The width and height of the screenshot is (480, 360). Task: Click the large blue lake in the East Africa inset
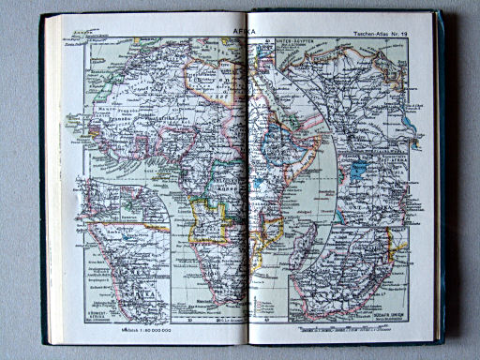(360, 172)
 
